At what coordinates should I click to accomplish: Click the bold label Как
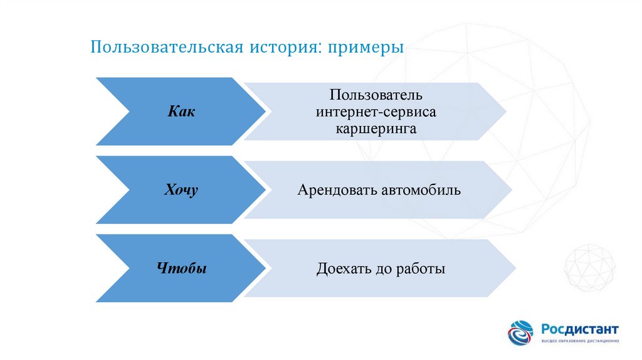[x=182, y=112]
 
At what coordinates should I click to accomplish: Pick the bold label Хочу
[x=181, y=190]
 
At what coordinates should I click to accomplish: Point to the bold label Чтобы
[x=181, y=269]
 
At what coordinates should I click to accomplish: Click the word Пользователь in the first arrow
[x=374, y=97]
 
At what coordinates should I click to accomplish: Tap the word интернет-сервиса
[x=375, y=112]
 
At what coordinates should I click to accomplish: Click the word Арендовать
[x=337, y=189]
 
